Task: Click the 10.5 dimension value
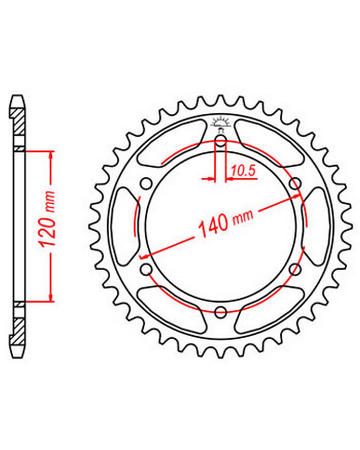click(244, 171)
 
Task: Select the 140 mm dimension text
click(226, 222)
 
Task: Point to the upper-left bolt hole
click(146, 183)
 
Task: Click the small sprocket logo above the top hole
click(220, 124)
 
